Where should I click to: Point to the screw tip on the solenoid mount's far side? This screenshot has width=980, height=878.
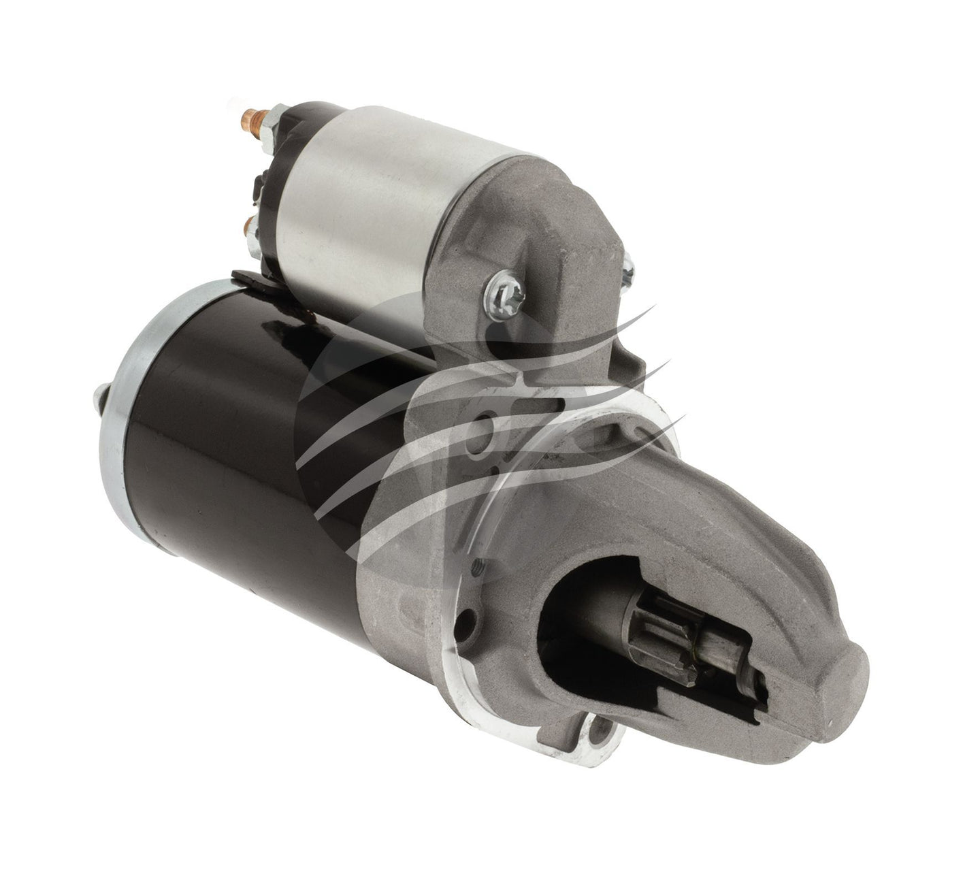pyautogui.click(x=627, y=269)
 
